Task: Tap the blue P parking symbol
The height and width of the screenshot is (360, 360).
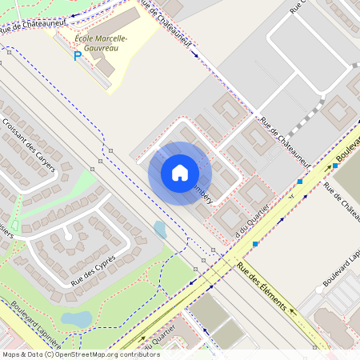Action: point(78,56)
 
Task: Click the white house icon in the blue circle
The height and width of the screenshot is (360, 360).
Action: point(179,173)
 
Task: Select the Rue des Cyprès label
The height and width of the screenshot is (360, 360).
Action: point(94,270)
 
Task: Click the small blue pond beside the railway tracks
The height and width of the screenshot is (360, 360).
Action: point(160,230)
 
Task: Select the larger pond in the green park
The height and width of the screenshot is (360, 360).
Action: point(77,318)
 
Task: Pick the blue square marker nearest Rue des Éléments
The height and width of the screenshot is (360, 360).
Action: point(255,243)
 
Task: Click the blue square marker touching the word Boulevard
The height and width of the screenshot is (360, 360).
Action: point(335,166)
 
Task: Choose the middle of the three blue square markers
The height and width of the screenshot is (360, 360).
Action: point(299,182)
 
